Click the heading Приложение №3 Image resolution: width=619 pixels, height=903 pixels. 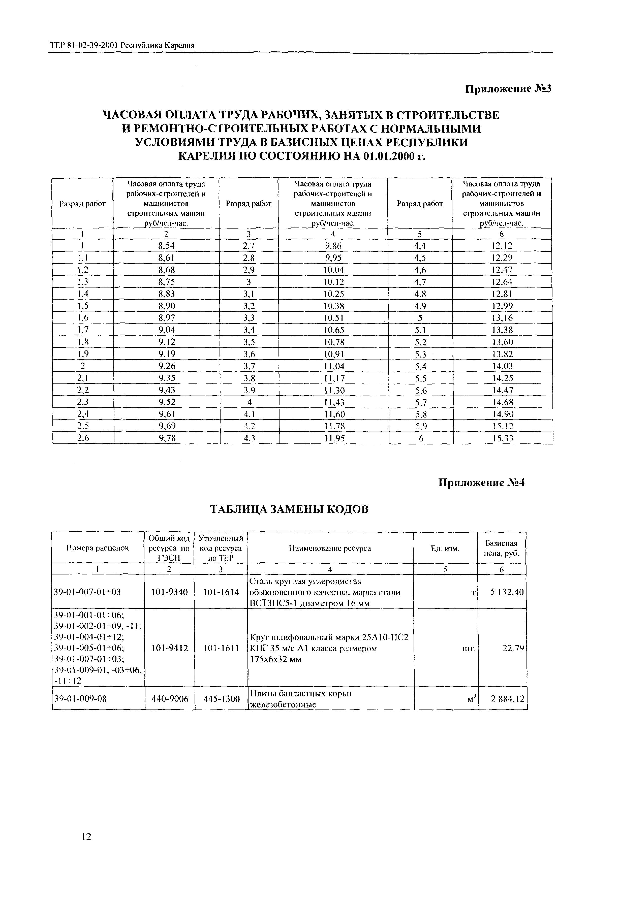click(508, 89)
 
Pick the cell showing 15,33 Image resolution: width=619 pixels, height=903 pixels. click(503, 438)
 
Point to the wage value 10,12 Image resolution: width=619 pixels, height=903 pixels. click(333, 282)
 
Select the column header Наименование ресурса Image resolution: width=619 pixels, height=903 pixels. click(330, 548)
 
